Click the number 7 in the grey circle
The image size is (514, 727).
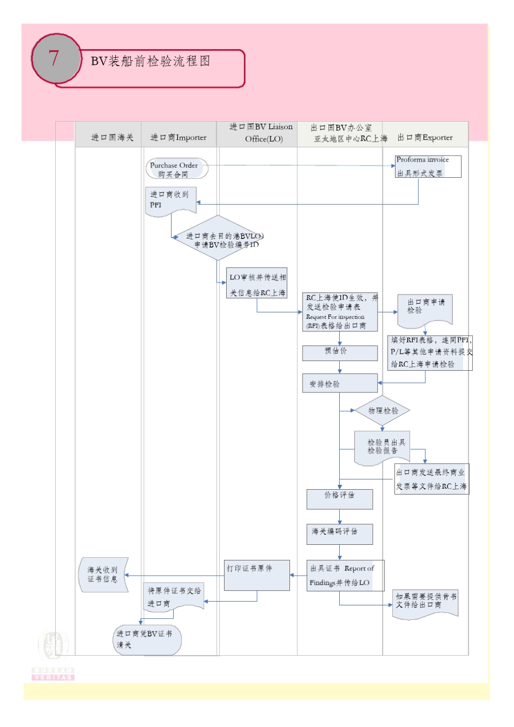tap(54, 58)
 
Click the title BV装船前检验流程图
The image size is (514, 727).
tap(150, 61)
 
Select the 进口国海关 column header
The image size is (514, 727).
tap(112, 137)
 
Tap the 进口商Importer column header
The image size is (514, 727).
tap(178, 137)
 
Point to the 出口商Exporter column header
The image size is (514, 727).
tap(425, 137)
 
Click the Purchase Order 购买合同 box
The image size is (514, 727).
tap(176, 169)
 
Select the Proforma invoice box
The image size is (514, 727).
tap(428, 166)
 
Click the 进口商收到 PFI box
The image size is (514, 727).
tap(170, 201)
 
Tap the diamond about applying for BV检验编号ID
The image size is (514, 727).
tap(219, 238)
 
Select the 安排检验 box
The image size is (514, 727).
tap(339, 384)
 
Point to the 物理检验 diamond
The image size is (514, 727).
tap(383, 411)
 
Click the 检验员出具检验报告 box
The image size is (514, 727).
tap(382, 447)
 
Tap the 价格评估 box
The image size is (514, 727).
tap(339, 498)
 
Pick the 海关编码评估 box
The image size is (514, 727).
tap(339, 533)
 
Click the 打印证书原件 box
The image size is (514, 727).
tap(257, 575)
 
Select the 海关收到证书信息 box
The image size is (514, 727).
tap(104, 575)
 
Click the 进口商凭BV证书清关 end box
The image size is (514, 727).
tap(147, 640)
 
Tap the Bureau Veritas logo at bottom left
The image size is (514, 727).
tap(53, 654)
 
